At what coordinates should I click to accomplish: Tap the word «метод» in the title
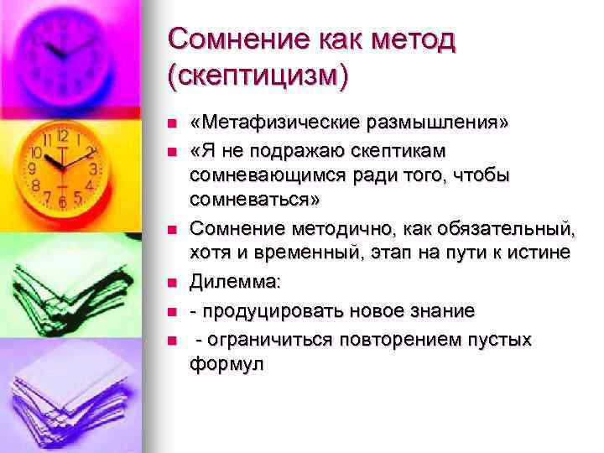[407, 39]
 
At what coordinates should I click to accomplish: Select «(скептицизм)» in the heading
[257, 76]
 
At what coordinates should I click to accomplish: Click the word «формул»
[226, 364]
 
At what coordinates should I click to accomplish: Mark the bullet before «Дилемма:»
[170, 286]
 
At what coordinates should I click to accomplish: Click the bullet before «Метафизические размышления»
[170, 124]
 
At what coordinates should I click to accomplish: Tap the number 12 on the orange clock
[63, 137]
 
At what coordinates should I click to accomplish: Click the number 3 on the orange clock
[95, 169]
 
